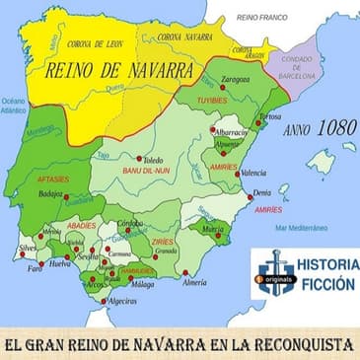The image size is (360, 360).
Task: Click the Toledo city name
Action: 153,159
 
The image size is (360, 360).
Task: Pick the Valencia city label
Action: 253,174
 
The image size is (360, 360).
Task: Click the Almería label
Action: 195,282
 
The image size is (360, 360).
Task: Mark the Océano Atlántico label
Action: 13,107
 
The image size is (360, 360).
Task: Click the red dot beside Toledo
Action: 138,157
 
